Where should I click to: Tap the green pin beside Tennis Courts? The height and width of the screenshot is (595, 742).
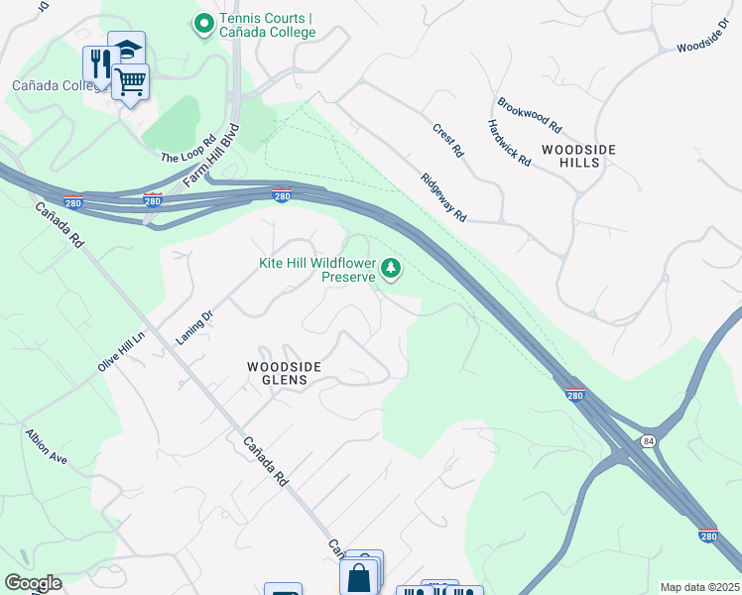coord(204,21)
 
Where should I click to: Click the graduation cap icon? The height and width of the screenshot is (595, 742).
coord(126,49)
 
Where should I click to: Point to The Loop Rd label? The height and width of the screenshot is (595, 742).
coord(188,150)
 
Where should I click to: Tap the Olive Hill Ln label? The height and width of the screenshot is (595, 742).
coord(121,350)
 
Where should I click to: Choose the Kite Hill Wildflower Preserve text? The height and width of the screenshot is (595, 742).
coord(317,270)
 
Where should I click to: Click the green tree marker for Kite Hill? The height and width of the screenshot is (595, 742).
coord(392,268)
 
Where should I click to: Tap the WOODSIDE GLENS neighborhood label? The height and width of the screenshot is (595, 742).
coord(284,372)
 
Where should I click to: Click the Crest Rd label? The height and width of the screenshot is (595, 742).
coord(447,141)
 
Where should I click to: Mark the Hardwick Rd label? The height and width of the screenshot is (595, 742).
coord(509,142)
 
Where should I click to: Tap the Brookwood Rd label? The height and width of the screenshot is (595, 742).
coord(530,115)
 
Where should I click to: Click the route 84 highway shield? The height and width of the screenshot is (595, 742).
coord(648,440)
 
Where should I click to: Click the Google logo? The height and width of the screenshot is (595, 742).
coord(33,583)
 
